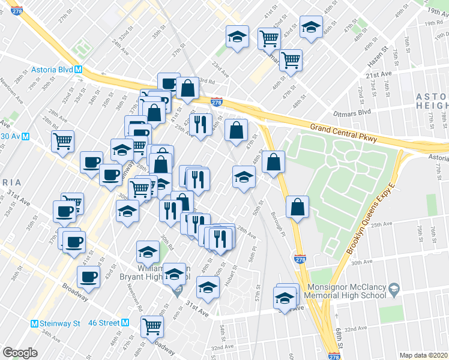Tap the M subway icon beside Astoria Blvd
[x=79, y=70]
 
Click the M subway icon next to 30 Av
[x=26, y=136]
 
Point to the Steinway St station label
[x=60, y=323]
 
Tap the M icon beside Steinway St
[x=35, y=323]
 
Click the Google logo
[x=20, y=352]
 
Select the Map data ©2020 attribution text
[x=423, y=355]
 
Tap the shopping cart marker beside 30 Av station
[x=62, y=142]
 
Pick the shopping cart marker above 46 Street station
[x=152, y=326]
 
